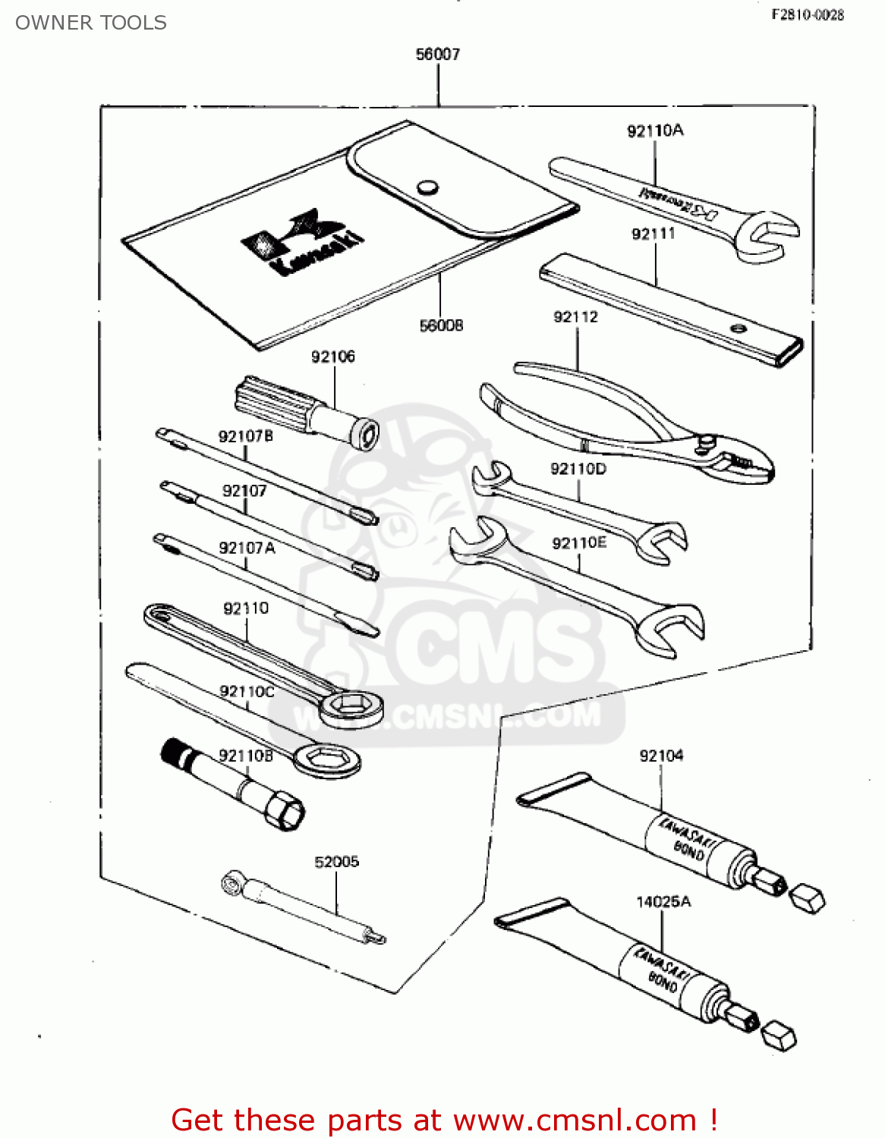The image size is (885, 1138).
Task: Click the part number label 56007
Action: tap(438, 54)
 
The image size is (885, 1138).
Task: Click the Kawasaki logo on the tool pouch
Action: tap(301, 241)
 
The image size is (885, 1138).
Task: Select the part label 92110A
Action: tap(655, 130)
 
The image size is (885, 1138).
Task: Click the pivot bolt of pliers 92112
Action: tap(707, 441)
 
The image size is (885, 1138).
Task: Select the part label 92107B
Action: tap(245, 436)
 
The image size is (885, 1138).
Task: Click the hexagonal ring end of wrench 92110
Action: tap(351, 706)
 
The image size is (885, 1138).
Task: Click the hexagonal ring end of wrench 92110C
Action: tap(327, 759)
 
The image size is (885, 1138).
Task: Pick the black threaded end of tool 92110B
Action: tap(176, 753)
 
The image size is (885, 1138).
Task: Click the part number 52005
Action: tap(337, 862)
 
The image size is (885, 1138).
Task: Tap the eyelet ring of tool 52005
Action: tap(231, 883)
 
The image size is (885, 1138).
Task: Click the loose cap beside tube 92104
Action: tap(807, 898)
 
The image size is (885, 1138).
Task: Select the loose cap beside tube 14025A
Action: tap(778, 1035)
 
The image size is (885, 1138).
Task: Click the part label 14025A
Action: tap(663, 902)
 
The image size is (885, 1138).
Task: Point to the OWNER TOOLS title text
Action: tap(91, 23)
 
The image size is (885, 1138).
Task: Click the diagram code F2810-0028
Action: tap(808, 15)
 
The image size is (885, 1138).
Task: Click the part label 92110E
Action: tap(579, 542)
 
